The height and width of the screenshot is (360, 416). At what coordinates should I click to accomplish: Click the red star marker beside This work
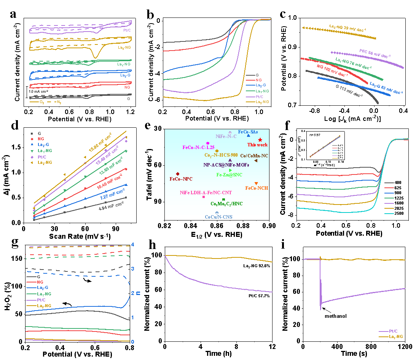pos(260,140)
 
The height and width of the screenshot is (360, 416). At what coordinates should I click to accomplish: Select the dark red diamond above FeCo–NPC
pos(177,174)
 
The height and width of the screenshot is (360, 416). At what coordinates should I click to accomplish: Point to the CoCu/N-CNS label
pos(218,217)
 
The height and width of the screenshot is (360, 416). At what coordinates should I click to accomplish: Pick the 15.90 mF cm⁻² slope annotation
pos(100,141)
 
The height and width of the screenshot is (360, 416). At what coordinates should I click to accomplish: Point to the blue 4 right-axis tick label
pos(132,244)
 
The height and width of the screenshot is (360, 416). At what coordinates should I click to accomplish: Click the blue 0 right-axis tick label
pos(132,342)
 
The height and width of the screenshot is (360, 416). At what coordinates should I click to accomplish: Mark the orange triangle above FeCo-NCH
pos(256,184)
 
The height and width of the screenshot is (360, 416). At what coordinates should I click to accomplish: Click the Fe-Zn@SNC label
pos(229,175)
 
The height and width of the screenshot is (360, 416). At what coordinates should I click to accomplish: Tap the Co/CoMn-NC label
pos(254,155)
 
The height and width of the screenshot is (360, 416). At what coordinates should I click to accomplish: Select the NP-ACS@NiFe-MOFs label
pos(226,165)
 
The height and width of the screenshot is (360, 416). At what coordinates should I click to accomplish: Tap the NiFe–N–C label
pos(226,136)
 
